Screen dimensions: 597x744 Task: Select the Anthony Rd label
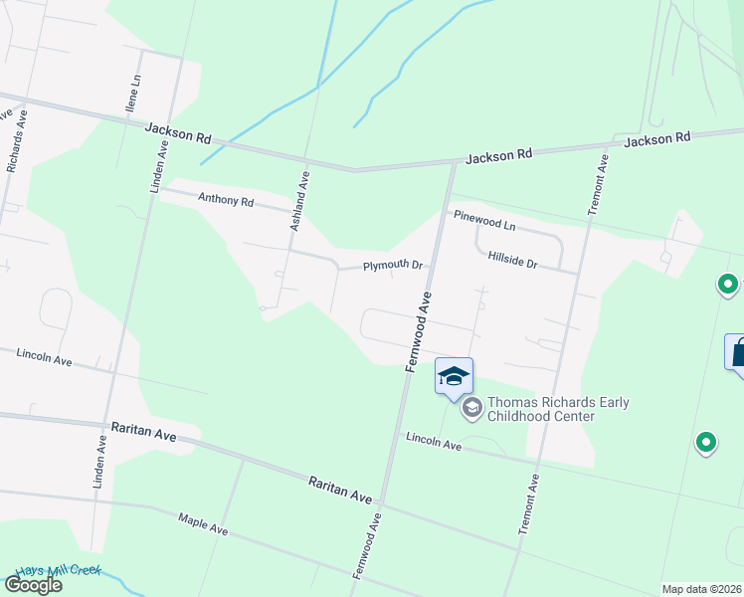[x=226, y=200]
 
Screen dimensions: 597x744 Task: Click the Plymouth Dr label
[x=393, y=266]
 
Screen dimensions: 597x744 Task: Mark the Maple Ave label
[x=203, y=524]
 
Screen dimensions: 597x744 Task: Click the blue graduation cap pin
[x=454, y=376]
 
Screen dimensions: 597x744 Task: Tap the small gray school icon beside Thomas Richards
[x=472, y=407]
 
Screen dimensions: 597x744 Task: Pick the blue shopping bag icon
[x=737, y=353]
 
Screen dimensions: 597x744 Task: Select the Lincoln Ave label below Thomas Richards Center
[x=433, y=442]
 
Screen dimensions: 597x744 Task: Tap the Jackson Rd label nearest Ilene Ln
[x=178, y=132]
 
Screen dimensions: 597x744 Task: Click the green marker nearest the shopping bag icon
[x=729, y=287]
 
